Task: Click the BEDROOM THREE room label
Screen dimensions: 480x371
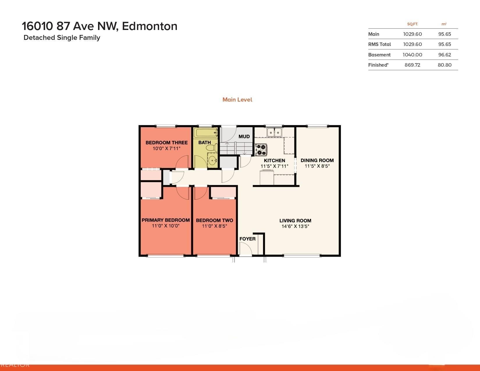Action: pyautogui.click(x=167, y=143)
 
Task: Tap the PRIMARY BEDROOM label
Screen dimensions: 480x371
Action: pyautogui.click(x=166, y=220)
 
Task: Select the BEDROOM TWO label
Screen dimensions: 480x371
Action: pyautogui.click(x=214, y=220)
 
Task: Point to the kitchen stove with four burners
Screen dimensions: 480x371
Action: pyautogui.click(x=261, y=150)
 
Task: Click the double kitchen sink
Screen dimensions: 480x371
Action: pyautogui.click(x=274, y=132)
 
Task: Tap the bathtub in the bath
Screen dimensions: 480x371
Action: pyautogui.click(x=206, y=133)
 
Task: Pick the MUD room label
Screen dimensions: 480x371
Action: pyautogui.click(x=244, y=136)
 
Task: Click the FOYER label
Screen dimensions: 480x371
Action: pyautogui.click(x=247, y=239)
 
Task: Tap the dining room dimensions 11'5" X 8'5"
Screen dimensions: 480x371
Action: pyautogui.click(x=317, y=166)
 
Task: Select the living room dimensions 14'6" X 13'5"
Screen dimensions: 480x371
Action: pyautogui.click(x=295, y=226)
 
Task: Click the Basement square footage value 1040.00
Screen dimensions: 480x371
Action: pyautogui.click(x=413, y=55)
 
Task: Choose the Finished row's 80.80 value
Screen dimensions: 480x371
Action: pyautogui.click(x=445, y=65)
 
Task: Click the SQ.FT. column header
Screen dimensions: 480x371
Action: pyautogui.click(x=413, y=24)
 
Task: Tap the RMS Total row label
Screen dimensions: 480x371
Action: pyautogui.click(x=380, y=45)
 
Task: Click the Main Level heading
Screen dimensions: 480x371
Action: pyautogui.click(x=237, y=100)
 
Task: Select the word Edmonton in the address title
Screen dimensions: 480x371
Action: pyautogui.click(x=150, y=26)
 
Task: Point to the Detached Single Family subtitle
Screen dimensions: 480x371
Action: pyautogui.click(x=62, y=38)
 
